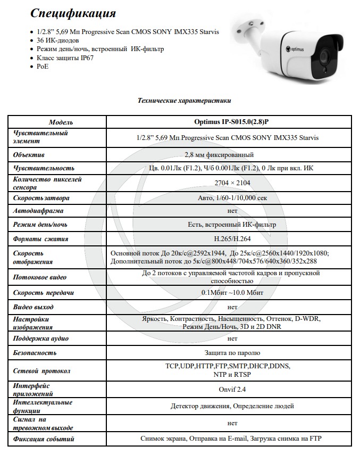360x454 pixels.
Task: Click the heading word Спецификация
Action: pyautogui.click(x=73, y=13)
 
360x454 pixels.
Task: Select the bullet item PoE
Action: pyautogui.click(x=43, y=67)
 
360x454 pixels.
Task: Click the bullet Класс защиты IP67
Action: pyautogui.click(x=65, y=58)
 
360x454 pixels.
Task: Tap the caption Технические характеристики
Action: pyautogui.click(x=184, y=100)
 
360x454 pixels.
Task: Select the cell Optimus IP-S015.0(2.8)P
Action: pyautogui.click(x=232, y=122)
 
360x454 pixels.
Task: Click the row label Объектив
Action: pyautogui.click(x=29, y=155)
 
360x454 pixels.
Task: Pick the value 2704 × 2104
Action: pyautogui.click(x=232, y=183)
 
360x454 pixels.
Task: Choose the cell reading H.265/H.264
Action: pyautogui.click(x=232, y=239)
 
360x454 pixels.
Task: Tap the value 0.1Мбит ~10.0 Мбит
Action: pyautogui.click(x=232, y=293)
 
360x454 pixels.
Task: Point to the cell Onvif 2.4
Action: pyautogui.click(x=232, y=390)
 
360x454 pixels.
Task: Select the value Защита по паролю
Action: pyautogui.click(x=232, y=352)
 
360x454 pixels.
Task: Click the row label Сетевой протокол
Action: pyautogui.click(x=42, y=371)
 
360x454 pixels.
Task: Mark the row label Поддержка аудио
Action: pyautogui.click(x=41, y=339)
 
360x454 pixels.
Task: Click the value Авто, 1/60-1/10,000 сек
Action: pyautogui.click(x=232, y=198)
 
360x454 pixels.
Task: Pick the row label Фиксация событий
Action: pyautogui.click(x=44, y=439)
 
